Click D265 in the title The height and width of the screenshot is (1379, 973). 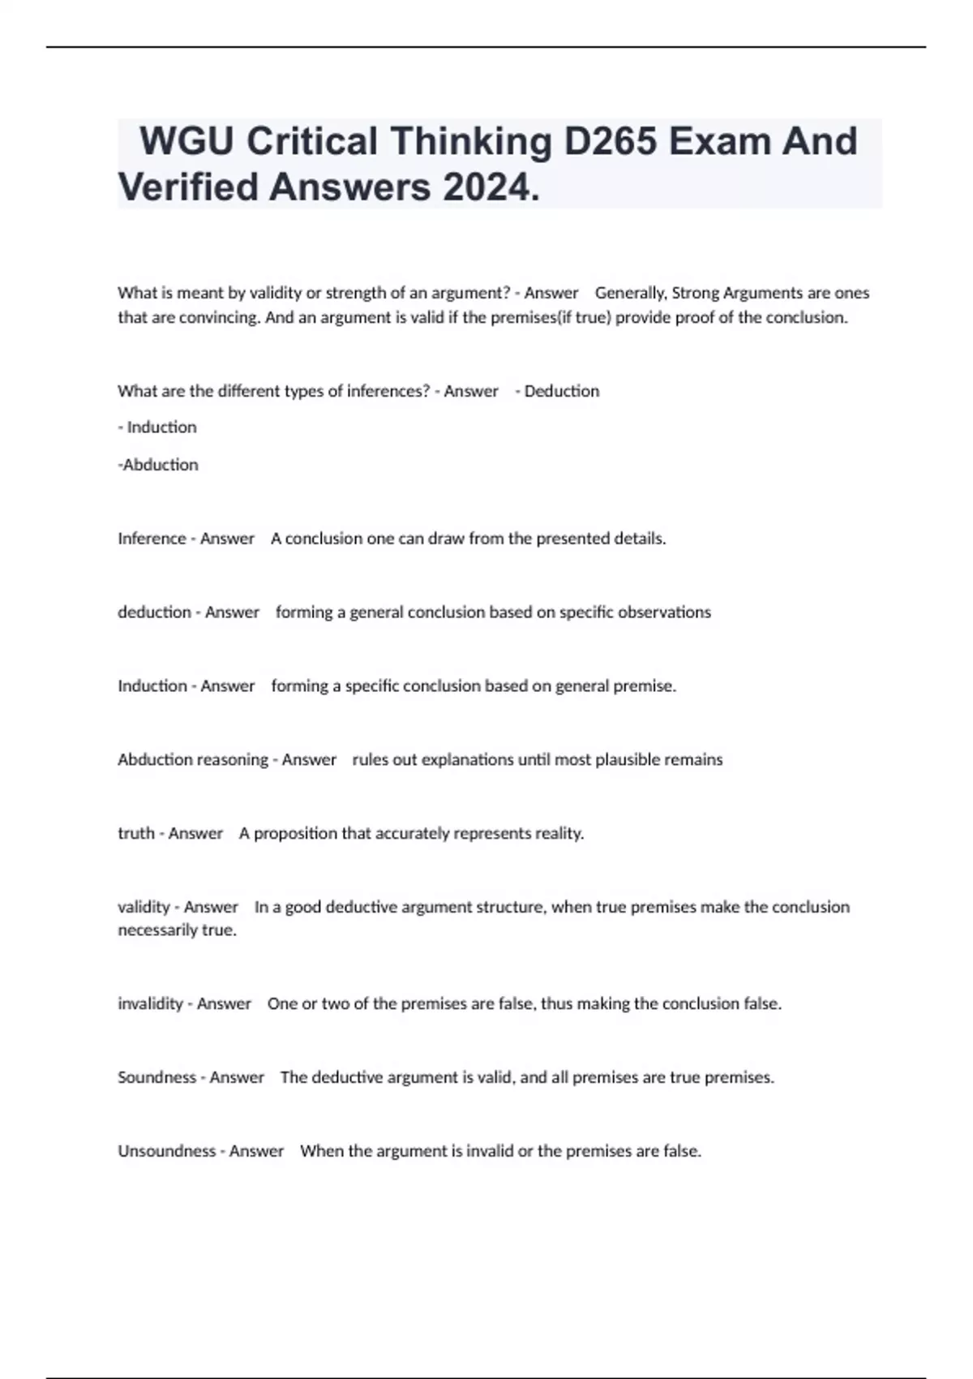pyautogui.click(x=610, y=141)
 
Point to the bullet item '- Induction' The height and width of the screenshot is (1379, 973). pyautogui.click(x=157, y=427)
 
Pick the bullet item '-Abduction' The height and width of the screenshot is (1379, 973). pyautogui.click(x=158, y=465)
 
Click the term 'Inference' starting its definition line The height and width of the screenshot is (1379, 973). pyautogui.click(x=152, y=539)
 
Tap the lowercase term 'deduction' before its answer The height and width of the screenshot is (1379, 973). pyautogui.click(x=154, y=612)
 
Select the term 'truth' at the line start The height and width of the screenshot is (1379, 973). pyautogui.click(x=135, y=833)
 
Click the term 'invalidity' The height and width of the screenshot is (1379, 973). pyautogui.click(x=150, y=1004)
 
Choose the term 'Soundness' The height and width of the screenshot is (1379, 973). pyautogui.click(x=156, y=1078)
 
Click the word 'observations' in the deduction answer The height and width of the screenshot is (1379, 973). pyautogui.click(x=664, y=612)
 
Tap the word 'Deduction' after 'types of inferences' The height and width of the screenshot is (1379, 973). pyautogui.click(x=562, y=391)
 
